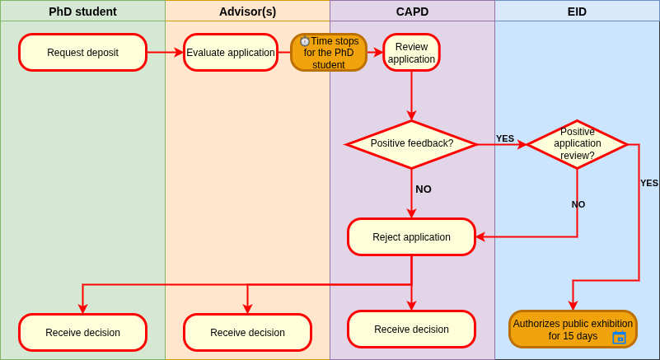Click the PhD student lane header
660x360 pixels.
click(x=82, y=12)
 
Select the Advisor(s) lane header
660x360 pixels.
click(x=247, y=12)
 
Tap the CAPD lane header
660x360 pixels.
click(x=412, y=12)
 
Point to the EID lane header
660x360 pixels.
click(x=577, y=12)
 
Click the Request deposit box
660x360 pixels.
click(x=83, y=53)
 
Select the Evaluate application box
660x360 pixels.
click(x=231, y=53)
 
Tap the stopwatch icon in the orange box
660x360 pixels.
click(x=305, y=41)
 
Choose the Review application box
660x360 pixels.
click(x=412, y=53)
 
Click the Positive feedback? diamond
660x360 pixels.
click(x=412, y=144)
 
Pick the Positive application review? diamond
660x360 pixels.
click(x=577, y=144)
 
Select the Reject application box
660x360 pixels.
click(x=412, y=237)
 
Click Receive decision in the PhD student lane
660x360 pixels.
click(x=83, y=333)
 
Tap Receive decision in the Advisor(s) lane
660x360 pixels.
click(x=247, y=333)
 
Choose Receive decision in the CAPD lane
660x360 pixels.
click(x=412, y=330)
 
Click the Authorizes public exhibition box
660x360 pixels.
click(x=573, y=330)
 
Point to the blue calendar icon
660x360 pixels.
click(x=619, y=337)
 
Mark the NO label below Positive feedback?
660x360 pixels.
click(x=424, y=189)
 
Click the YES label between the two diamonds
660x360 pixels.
click(x=505, y=138)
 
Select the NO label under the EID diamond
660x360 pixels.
click(x=578, y=204)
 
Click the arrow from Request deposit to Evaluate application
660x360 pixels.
click(x=165, y=53)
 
